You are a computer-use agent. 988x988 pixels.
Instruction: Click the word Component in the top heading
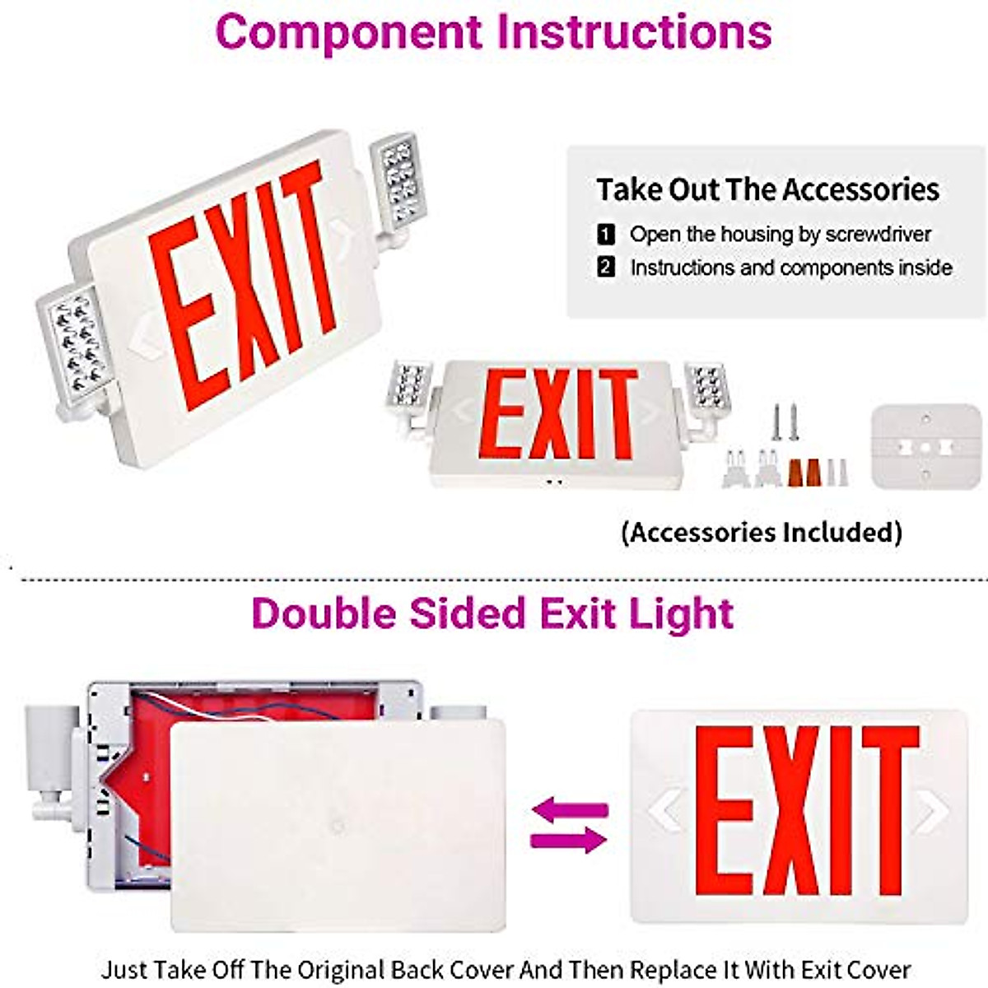pyautogui.click(x=349, y=33)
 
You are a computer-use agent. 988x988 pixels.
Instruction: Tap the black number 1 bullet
pyautogui.click(x=606, y=235)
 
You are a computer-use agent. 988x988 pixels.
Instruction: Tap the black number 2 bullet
pyautogui.click(x=606, y=268)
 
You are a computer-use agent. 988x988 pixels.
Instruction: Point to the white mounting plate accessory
pyautogui.click(x=925, y=446)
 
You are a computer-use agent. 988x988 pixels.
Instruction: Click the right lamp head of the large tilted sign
pyautogui.click(x=398, y=181)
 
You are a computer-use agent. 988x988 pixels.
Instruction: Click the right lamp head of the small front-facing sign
pyautogui.click(x=705, y=387)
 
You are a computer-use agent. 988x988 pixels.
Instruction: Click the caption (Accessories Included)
pyautogui.click(x=762, y=532)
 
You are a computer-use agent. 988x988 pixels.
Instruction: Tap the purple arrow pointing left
pyautogui.click(x=570, y=810)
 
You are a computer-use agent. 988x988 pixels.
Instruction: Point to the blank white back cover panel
pyautogui.click(x=338, y=823)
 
